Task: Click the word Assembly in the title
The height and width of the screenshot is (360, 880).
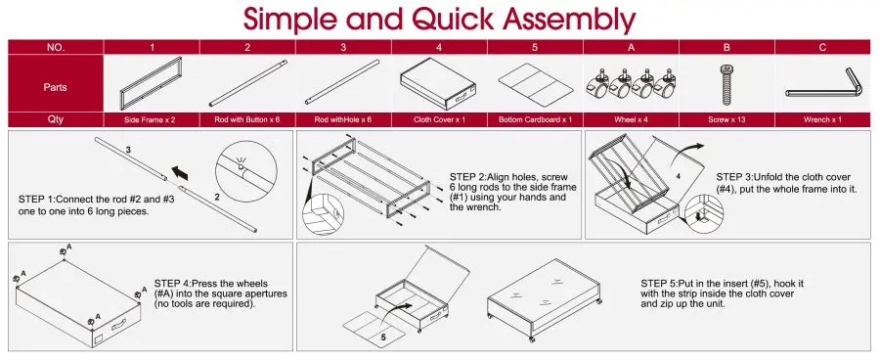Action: click(568, 20)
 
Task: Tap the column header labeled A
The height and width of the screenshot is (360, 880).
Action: click(631, 47)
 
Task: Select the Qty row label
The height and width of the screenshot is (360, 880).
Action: click(56, 119)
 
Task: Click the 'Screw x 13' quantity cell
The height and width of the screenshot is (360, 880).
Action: click(726, 119)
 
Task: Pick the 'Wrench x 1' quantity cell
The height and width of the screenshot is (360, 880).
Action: click(822, 119)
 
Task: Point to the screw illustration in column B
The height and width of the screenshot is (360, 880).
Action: click(726, 84)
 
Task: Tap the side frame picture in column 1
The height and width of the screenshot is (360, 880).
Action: click(152, 84)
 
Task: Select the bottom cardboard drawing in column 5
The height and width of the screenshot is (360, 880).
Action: click(536, 85)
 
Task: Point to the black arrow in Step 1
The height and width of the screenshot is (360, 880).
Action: click(180, 171)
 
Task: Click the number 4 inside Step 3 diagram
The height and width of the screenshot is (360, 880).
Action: click(678, 176)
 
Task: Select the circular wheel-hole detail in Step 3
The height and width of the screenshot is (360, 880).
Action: click(704, 214)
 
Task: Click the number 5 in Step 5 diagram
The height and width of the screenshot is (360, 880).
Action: click(383, 338)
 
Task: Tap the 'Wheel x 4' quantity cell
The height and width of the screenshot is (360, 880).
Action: click(631, 119)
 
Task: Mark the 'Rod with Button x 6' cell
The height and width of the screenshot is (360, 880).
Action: click(247, 119)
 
